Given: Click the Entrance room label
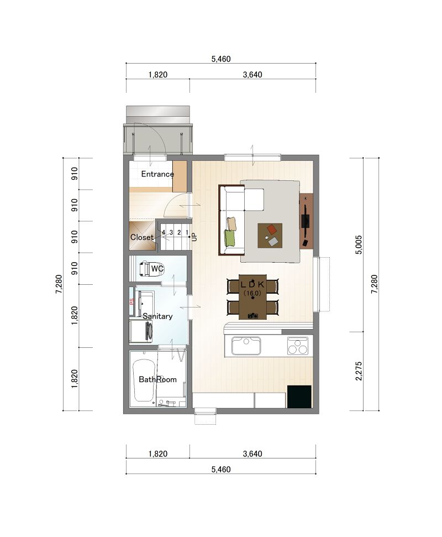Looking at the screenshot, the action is (x=157, y=174).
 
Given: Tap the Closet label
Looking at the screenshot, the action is (x=141, y=237).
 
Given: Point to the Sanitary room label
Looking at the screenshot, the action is (x=157, y=316).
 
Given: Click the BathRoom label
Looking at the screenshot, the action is (x=157, y=379).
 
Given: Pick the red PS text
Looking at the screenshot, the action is (x=131, y=302).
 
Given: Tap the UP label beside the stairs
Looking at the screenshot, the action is (x=194, y=237).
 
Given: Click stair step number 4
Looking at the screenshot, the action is (x=164, y=232).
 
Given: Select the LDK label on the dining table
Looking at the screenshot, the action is (x=252, y=284).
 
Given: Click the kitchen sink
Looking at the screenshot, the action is (x=246, y=346).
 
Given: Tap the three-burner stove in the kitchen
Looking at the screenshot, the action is (x=297, y=346).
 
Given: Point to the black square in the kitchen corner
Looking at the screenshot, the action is (x=299, y=397).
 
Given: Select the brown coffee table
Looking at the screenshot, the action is (x=270, y=235).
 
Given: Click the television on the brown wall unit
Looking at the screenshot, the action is (x=306, y=221).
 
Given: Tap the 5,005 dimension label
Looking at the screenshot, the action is (x=359, y=244).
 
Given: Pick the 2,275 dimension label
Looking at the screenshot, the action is (x=359, y=371).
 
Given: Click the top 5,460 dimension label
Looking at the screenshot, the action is (x=221, y=59).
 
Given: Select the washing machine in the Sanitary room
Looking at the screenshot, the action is (x=141, y=331).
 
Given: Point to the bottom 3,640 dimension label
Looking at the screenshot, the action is (x=252, y=454).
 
